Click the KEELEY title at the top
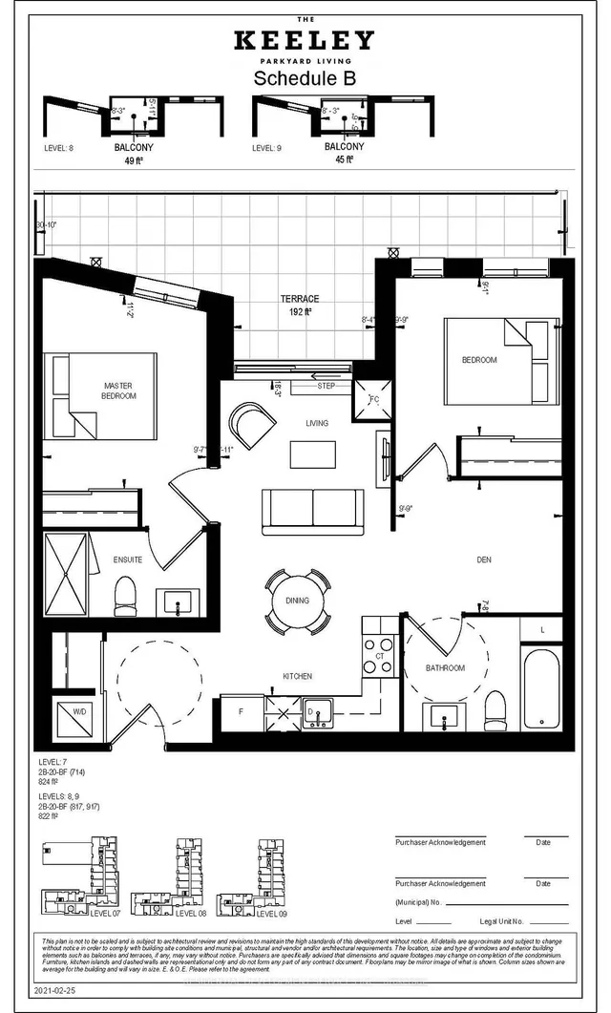(x=305, y=40)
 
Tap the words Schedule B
(x=305, y=80)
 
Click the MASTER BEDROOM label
(x=119, y=390)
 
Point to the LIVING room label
(x=317, y=423)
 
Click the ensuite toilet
(x=126, y=598)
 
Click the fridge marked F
(x=241, y=711)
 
